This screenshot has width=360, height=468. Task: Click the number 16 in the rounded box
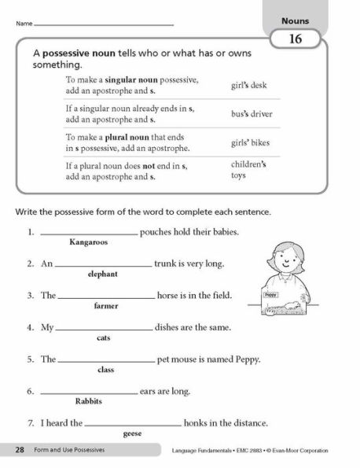tap(296, 38)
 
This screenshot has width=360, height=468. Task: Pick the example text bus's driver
tap(252, 113)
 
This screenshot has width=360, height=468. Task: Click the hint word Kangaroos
tap(89, 243)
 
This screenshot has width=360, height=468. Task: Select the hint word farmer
tap(105, 305)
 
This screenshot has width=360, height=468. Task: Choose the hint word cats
tap(103, 337)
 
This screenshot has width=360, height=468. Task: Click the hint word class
tap(105, 369)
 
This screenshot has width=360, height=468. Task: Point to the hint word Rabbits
tap(89, 401)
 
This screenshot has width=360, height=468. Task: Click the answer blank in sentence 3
tap(106, 297)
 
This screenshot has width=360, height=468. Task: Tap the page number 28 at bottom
tap(19, 451)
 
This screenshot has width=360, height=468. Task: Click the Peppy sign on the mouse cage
tap(272, 293)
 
